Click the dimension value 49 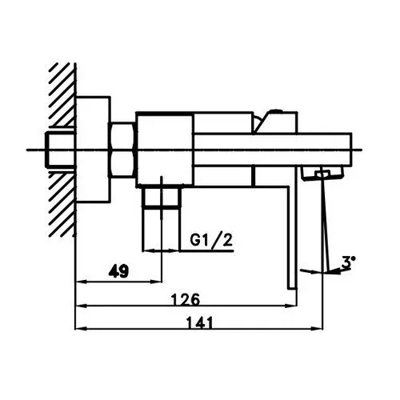click(x=119, y=271)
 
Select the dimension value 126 click(x=186, y=300)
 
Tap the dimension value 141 click(x=200, y=323)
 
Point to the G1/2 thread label click(x=211, y=240)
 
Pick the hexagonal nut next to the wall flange click(x=123, y=150)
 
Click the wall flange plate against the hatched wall click(x=93, y=150)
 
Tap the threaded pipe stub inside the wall click(x=61, y=150)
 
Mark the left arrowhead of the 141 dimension click(x=82, y=329)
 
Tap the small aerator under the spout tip click(x=322, y=174)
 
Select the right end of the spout click(x=351, y=150)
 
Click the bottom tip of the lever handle click(x=292, y=289)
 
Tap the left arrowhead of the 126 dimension click(x=82, y=306)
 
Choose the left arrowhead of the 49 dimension click(x=82, y=281)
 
